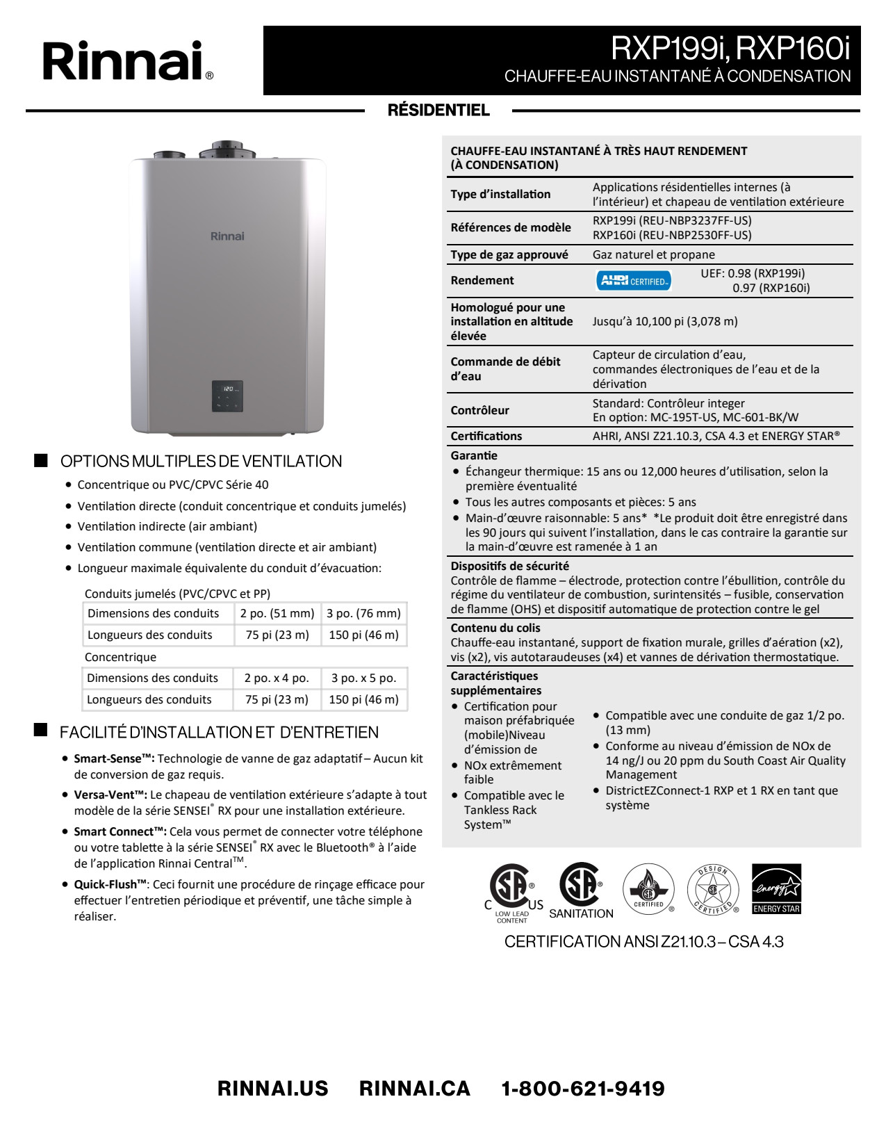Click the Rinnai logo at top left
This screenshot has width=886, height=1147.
click(x=128, y=61)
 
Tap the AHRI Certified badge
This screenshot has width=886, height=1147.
click(x=633, y=281)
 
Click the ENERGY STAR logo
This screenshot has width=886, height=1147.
click(x=776, y=888)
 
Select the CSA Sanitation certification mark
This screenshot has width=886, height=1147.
click(x=581, y=890)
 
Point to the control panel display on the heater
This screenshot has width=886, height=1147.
click(x=227, y=396)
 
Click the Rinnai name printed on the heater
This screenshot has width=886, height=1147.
click(x=227, y=236)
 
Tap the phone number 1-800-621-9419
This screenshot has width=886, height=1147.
click(x=583, y=1089)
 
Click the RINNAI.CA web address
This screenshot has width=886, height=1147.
click(x=414, y=1089)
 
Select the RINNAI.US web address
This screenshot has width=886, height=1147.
click(x=272, y=1089)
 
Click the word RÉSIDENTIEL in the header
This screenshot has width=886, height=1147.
click(x=438, y=111)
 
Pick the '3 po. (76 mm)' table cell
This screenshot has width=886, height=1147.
click(x=363, y=613)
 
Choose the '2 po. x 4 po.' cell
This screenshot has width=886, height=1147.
click(x=277, y=678)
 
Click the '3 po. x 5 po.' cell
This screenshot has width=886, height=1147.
click(x=363, y=678)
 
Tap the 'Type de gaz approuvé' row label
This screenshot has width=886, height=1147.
click(x=509, y=254)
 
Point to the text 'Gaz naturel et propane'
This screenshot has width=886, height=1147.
click(x=653, y=254)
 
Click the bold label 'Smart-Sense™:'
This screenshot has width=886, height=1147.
click(x=114, y=758)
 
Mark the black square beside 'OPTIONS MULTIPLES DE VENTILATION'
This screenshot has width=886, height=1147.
click(x=41, y=460)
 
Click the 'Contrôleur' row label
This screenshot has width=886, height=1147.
click(x=479, y=410)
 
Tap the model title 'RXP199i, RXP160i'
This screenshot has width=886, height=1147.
click(x=730, y=49)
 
